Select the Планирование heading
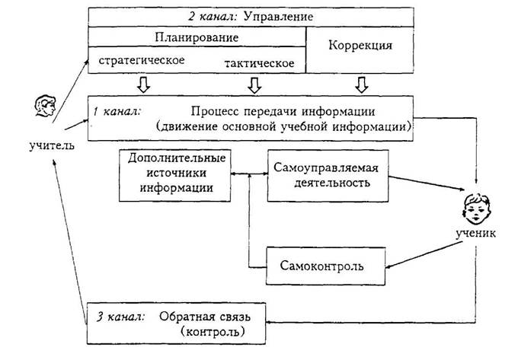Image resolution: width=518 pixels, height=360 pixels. click(197, 37)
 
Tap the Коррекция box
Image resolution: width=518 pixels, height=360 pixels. click(360, 46)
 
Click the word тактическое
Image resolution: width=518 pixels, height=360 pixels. click(261, 63)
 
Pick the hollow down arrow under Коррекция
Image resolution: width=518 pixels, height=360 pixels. click(361, 82)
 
